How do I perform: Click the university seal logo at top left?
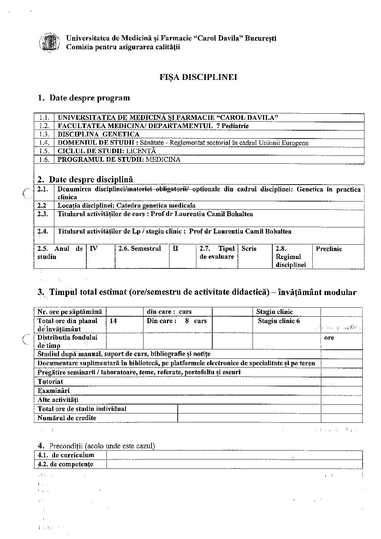[49, 42]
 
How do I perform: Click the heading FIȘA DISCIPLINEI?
[198, 77]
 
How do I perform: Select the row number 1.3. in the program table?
[44, 134]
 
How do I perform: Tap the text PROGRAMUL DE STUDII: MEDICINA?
[119, 159]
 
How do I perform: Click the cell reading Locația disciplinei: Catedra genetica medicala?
[127, 205]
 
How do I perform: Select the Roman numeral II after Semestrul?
[176, 249]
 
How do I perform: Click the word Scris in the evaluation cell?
[249, 249]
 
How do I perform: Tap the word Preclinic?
[329, 249]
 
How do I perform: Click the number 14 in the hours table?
[113, 321]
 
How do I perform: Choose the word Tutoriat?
[50, 382]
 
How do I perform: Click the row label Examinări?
[54, 391]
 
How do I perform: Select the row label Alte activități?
[58, 400]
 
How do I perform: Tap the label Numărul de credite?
[67, 418]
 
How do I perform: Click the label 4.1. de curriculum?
[66, 455]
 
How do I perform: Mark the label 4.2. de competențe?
[65, 464]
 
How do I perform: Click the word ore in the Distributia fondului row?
[329, 338]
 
